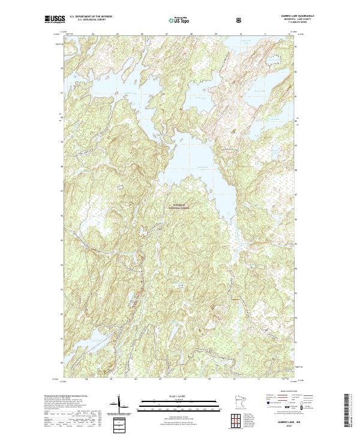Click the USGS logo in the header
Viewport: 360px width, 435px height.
tap(53, 19)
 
